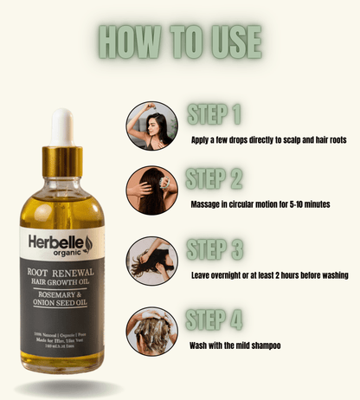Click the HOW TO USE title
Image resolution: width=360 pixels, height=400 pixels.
tap(179, 41)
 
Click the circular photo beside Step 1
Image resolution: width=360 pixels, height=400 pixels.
tap(152, 126)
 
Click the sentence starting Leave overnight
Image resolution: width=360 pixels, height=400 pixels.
tap(269, 275)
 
